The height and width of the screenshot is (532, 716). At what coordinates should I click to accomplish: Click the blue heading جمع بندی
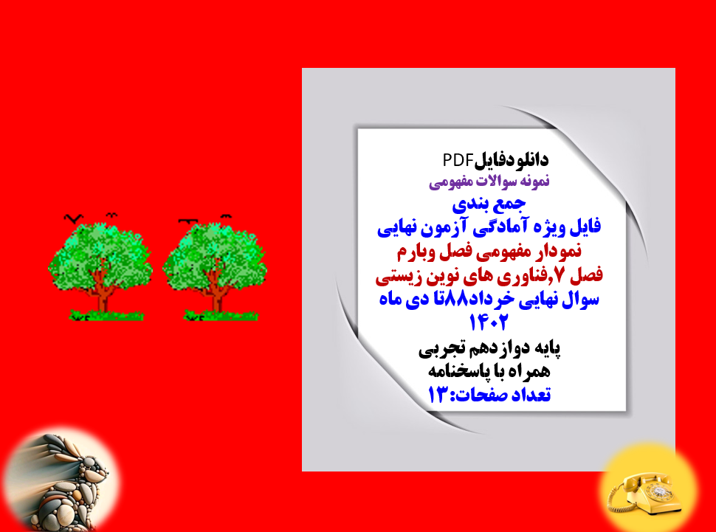[x=491, y=201]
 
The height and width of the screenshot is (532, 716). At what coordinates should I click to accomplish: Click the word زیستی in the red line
[x=402, y=275]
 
